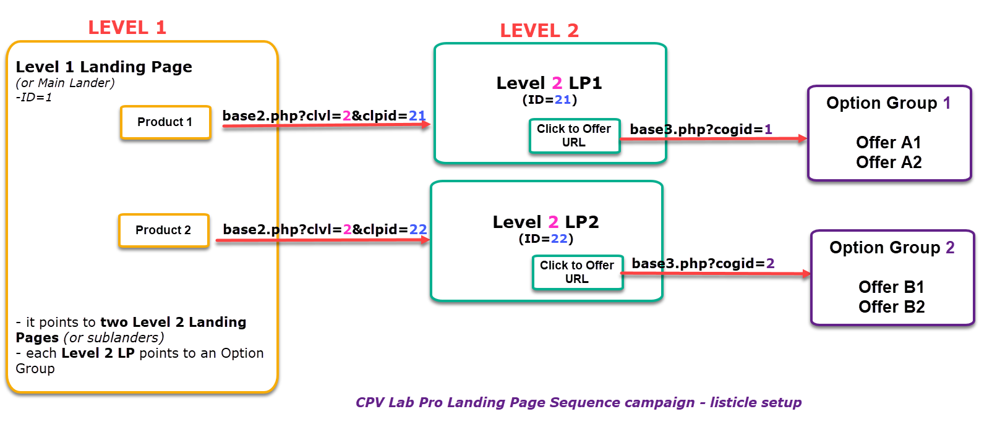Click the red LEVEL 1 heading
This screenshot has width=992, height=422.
pos(127,28)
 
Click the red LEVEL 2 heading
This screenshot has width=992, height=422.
pos(539,31)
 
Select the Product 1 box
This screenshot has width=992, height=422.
pos(165,122)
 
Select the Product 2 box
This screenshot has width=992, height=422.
pos(164,230)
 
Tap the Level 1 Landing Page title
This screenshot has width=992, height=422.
pos(104,67)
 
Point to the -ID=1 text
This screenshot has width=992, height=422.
pos(33,98)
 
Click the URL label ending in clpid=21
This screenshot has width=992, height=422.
pos(323,116)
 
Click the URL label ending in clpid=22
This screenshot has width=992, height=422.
pos(324,229)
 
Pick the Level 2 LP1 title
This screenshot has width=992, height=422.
pos(549,83)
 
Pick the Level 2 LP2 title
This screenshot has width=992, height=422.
pos(545,222)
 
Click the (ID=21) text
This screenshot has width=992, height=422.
pos(549,100)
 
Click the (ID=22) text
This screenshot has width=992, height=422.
pos(545,238)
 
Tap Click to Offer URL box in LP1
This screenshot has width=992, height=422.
pos(574,135)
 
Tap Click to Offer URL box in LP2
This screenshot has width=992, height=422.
pos(577,272)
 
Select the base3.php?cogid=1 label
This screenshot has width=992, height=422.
pos(701,129)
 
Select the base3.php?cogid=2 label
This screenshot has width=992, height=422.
pos(703,263)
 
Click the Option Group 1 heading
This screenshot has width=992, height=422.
pos(888,103)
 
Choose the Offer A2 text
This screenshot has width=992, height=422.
pos(889,162)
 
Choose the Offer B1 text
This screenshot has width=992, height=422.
pos(891,287)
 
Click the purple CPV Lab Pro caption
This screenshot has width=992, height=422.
pos(578,403)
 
